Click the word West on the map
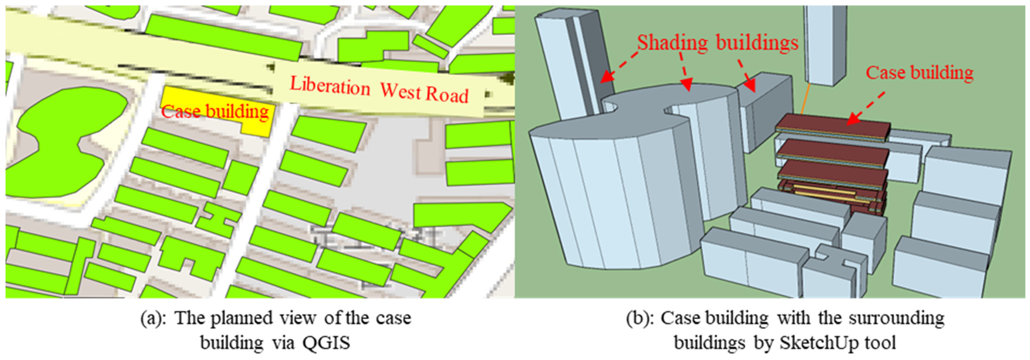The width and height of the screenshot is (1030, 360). coord(400,91)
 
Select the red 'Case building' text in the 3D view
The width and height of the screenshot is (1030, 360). coord(920,73)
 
